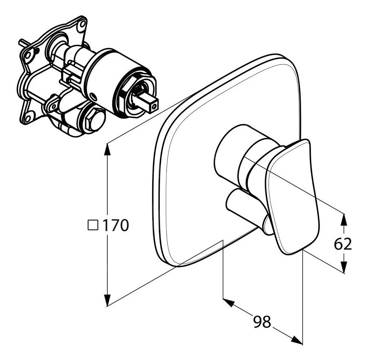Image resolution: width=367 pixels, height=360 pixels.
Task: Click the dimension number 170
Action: [x=116, y=225]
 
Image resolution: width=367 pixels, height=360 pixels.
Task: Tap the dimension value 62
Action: [x=343, y=244]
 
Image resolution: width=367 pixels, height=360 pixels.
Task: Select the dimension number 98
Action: [x=262, y=322]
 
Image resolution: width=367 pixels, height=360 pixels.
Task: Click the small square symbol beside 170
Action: [x=93, y=225]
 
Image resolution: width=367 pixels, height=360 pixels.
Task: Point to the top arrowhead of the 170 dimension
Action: [x=107, y=150]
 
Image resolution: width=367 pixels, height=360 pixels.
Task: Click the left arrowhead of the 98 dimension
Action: [x=229, y=302]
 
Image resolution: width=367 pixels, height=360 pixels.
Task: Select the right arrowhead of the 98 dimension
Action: [x=297, y=340]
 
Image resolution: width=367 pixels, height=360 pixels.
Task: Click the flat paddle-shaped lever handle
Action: [x=292, y=196]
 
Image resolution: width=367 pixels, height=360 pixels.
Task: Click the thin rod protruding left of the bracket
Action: [x=23, y=44]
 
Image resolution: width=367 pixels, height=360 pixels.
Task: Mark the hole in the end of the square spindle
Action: [x=153, y=107]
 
